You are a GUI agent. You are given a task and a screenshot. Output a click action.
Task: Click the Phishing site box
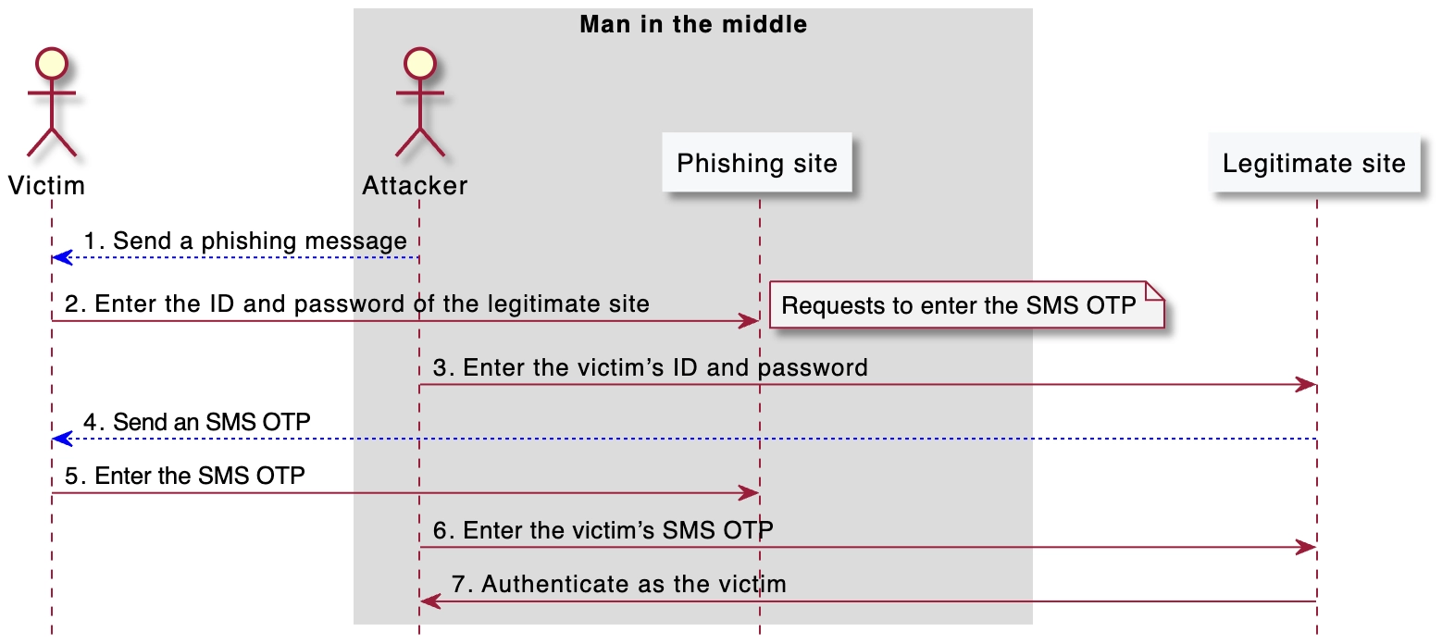click(756, 165)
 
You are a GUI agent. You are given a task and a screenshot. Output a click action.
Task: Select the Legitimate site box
click(1313, 165)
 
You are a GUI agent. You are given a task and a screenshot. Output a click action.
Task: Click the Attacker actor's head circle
click(419, 65)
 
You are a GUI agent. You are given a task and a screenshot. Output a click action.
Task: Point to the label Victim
click(46, 186)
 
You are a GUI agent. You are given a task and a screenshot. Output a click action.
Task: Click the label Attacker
click(415, 186)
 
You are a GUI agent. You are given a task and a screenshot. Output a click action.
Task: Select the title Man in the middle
click(693, 25)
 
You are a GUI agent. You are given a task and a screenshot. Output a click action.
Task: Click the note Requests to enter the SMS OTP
click(959, 306)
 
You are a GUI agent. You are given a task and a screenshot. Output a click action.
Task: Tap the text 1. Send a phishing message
click(245, 241)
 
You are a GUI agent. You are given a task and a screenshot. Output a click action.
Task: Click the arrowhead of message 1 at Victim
click(60, 257)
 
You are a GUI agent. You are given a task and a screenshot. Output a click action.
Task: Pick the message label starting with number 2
click(357, 304)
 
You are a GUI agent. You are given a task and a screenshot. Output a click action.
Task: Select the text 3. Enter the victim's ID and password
click(651, 367)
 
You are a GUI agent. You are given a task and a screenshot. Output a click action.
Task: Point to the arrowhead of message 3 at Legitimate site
click(1308, 384)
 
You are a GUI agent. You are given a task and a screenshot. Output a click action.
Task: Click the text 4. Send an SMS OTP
click(197, 423)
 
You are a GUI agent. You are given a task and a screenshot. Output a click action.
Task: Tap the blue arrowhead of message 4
click(60, 438)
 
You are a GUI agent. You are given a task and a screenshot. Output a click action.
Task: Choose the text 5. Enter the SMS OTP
click(185, 477)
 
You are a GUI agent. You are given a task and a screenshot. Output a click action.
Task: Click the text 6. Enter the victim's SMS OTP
click(603, 530)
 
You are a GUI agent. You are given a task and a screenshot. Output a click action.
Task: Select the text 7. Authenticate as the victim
click(618, 585)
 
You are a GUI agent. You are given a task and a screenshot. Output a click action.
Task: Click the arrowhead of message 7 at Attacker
click(429, 601)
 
